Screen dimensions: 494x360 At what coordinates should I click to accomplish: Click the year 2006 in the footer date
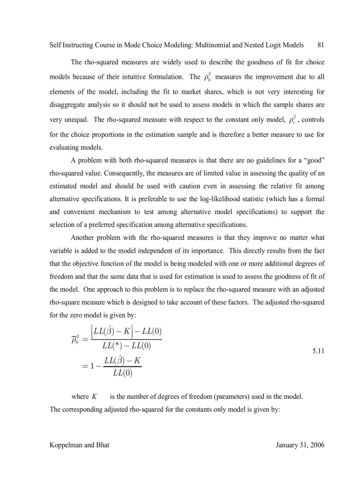click(315, 445)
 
